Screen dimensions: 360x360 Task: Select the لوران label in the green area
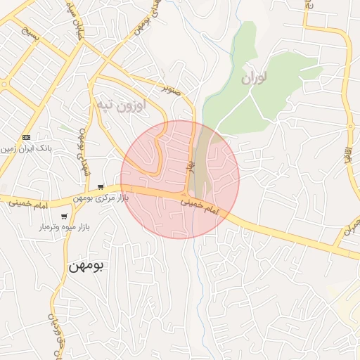click(x=255, y=79)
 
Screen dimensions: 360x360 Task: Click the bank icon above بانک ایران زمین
click(x=27, y=136)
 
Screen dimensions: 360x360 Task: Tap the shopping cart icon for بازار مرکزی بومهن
click(x=102, y=187)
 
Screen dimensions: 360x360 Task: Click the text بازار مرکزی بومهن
click(x=98, y=199)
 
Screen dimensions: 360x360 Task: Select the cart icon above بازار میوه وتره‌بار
click(x=65, y=217)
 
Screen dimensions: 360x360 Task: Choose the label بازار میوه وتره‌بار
click(x=65, y=228)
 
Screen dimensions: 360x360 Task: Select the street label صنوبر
click(x=172, y=90)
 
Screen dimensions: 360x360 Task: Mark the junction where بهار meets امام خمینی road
click(x=186, y=195)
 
